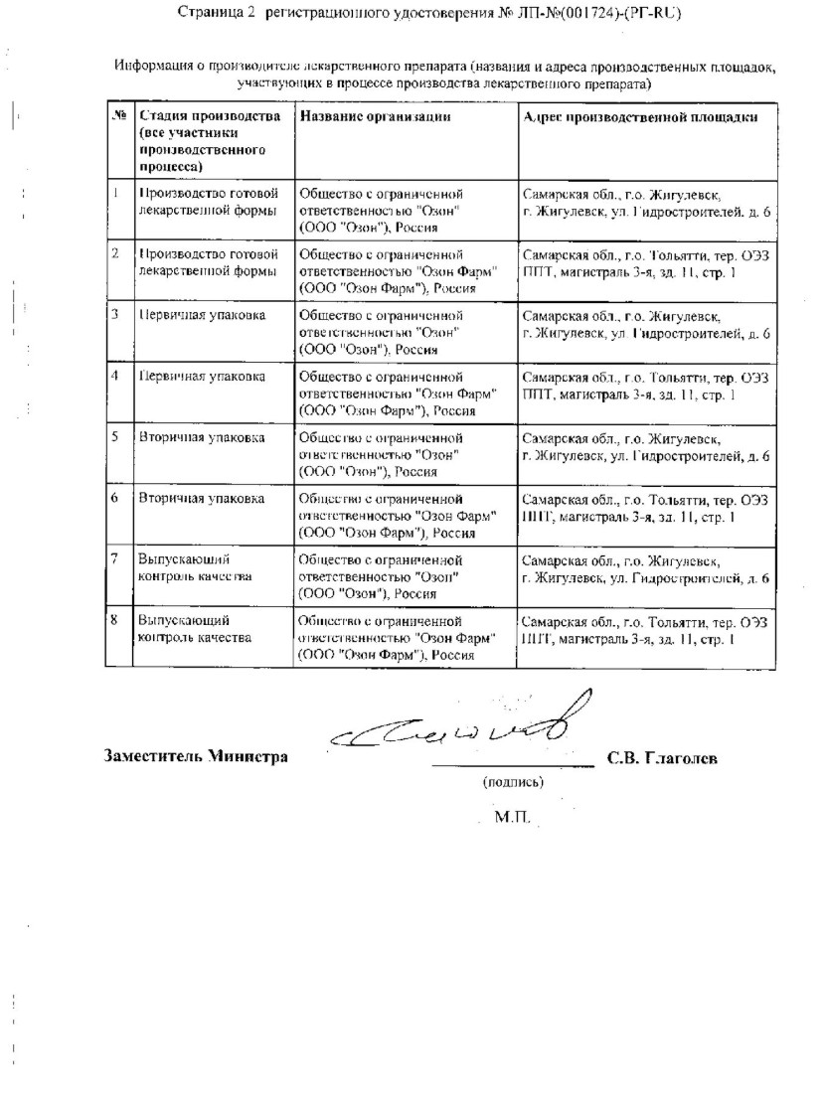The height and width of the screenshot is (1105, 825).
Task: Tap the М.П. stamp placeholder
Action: click(512, 819)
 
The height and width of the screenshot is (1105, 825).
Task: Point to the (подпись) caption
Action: click(512, 782)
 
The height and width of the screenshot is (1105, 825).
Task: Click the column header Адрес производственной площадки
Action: click(641, 117)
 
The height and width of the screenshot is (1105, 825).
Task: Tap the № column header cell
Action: click(119, 117)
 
